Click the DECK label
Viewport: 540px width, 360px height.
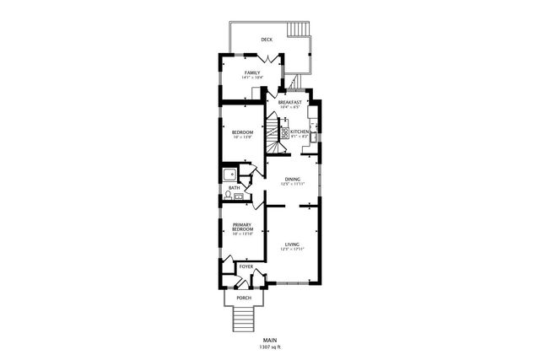click(267, 40)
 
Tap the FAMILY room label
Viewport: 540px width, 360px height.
click(252, 73)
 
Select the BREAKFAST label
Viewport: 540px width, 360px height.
click(289, 102)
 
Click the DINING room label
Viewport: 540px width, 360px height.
click(292, 180)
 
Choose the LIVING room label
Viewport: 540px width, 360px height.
click(292, 244)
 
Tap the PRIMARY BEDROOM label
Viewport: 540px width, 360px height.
click(242, 228)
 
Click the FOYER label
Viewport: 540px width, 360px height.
click(246, 266)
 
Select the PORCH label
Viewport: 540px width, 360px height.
click(244, 298)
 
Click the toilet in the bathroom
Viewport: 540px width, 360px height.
click(227, 196)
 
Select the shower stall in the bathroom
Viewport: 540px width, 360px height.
click(229, 175)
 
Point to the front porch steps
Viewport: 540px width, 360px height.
click(243, 319)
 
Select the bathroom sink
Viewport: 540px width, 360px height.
click(239, 196)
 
